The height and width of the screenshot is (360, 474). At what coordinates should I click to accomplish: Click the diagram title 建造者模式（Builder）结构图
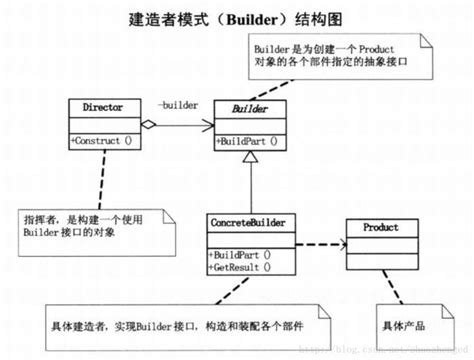(x=238, y=18)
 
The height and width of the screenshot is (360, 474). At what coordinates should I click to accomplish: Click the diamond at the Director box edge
(x=147, y=124)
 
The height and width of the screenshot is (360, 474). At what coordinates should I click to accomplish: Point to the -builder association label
(x=177, y=104)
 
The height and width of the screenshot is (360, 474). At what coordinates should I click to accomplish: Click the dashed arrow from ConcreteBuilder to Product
(x=315, y=243)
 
